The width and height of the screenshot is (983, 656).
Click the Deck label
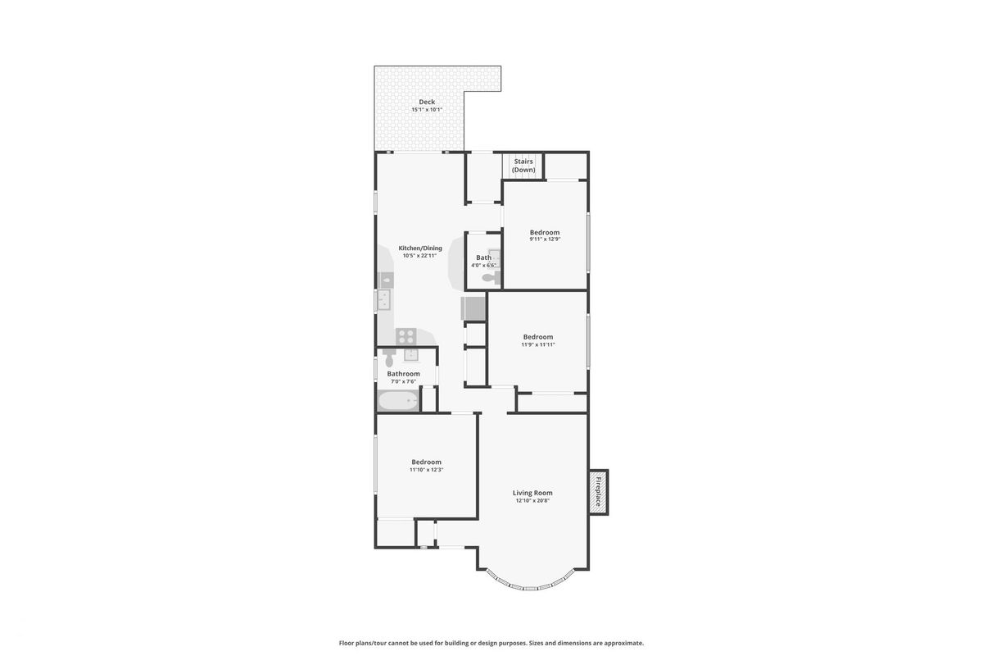pos(427,102)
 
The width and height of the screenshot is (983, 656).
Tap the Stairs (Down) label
pos(523,166)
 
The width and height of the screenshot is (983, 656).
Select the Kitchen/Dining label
pos(420,248)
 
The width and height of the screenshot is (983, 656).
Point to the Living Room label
pos(532,493)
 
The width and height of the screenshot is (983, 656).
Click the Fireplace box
pos(599,492)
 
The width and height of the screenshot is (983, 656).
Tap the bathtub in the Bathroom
pos(398,402)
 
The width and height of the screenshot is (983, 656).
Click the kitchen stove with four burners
pos(406,336)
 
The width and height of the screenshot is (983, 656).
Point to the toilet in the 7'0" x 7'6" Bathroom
pos(389,358)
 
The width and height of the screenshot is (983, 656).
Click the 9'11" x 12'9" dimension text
pos(545,239)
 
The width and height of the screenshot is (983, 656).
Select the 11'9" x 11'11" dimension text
pos(538,345)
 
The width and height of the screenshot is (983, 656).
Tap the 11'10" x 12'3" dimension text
pos(426,470)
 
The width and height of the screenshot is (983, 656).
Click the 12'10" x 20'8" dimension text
pos(532,500)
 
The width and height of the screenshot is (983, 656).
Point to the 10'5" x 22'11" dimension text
pos(419,256)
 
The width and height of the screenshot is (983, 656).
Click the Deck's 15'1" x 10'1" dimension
pos(427,110)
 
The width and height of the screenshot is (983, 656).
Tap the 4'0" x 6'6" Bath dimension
pos(483,266)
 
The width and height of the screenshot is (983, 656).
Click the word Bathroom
pos(403,374)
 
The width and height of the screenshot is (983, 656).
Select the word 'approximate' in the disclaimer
pos(623,643)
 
